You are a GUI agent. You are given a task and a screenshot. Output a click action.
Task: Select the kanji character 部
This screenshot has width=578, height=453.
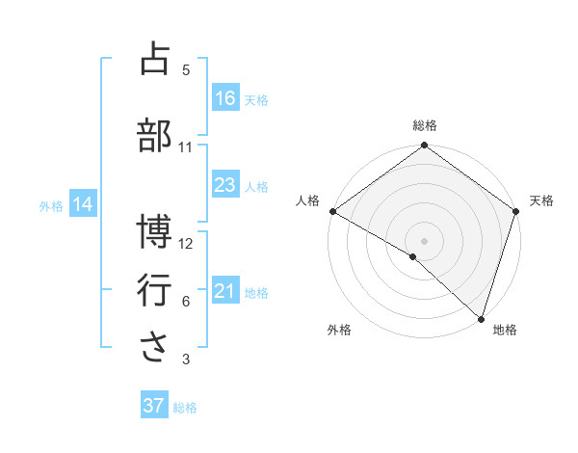pyautogui.click(x=154, y=134)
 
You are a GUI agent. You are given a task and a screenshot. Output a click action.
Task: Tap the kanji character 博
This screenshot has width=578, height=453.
pyautogui.click(x=154, y=231)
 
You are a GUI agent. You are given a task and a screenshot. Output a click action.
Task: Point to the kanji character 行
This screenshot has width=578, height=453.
pyautogui.click(x=154, y=289)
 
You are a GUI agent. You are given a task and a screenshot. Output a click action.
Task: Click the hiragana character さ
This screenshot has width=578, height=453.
pyautogui.click(x=154, y=347)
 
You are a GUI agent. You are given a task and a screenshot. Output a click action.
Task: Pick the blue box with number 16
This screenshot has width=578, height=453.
pyautogui.click(x=225, y=97)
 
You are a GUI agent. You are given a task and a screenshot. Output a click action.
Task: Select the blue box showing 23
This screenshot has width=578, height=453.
pyautogui.click(x=225, y=185)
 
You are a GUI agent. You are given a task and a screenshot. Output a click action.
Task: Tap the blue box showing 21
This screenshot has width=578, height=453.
pyautogui.click(x=225, y=291)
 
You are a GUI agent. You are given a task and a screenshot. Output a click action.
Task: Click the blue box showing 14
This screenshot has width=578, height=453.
pyautogui.click(x=83, y=204)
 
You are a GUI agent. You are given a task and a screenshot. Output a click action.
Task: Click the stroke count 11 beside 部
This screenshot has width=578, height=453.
pyautogui.click(x=186, y=147)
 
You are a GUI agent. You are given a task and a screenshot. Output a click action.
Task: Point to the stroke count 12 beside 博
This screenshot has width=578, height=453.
pyautogui.click(x=186, y=244)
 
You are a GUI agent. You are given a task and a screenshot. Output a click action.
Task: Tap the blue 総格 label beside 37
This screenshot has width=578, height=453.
pyautogui.click(x=185, y=408)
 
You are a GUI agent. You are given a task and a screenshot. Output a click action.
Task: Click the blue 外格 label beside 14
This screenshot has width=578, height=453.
pyautogui.click(x=51, y=205)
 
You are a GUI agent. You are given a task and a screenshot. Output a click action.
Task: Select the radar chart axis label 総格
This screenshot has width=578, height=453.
pyautogui.click(x=425, y=125)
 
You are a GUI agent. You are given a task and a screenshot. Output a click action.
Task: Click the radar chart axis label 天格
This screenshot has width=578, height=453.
pyautogui.click(x=542, y=200)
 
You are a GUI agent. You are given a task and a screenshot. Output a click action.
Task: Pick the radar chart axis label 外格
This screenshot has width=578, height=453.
pyautogui.click(x=339, y=331)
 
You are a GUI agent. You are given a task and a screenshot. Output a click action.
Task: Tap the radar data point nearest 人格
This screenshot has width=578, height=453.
pyautogui.click(x=332, y=211)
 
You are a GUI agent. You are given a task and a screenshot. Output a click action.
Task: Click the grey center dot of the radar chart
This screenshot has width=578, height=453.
pyautogui.click(x=425, y=240)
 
